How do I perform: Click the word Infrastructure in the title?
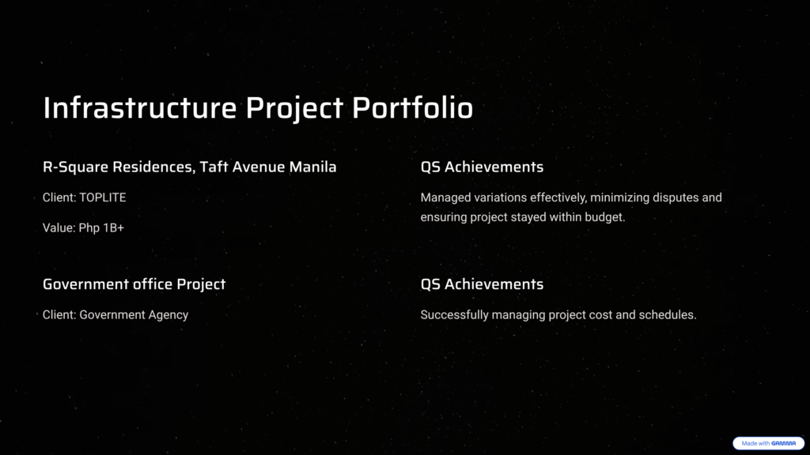pos(139,107)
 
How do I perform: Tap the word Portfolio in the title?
pos(412,107)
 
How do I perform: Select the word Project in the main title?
pos(294,108)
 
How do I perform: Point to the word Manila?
pos(312,167)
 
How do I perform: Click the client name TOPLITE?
pos(102,197)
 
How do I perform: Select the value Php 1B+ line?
pos(83,228)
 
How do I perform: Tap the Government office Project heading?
pos(134,284)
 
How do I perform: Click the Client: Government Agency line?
pos(115,314)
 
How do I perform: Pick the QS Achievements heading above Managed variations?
pos(482,167)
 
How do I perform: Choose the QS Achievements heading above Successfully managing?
pos(482,284)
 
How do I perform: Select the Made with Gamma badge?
pos(769,443)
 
